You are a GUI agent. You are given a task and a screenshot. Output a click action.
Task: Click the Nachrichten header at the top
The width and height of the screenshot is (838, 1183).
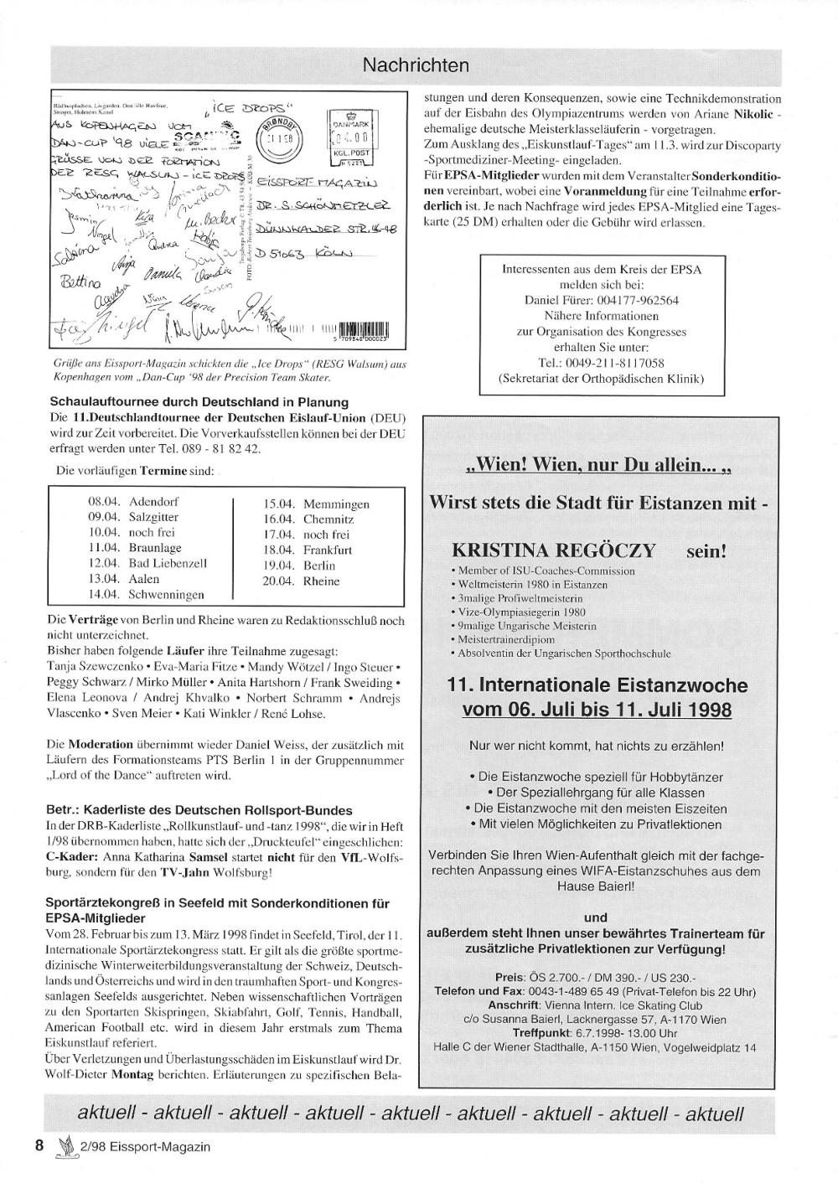(416, 65)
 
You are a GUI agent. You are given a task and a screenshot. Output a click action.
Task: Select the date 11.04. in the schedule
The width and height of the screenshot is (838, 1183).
(105, 548)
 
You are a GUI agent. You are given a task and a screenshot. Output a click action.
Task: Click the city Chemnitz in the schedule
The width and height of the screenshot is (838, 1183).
(328, 519)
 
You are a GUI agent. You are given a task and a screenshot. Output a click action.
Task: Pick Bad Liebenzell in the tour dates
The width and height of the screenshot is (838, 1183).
(168, 563)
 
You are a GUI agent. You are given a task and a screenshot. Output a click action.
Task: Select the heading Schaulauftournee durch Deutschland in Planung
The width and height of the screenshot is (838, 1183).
(188, 401)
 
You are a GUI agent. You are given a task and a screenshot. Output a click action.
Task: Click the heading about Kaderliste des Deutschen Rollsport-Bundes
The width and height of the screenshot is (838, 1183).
(199, 810)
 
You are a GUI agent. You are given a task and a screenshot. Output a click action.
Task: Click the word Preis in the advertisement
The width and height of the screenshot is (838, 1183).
(510, 978)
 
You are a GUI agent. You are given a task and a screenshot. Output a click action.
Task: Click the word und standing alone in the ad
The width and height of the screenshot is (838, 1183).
(596, 917)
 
